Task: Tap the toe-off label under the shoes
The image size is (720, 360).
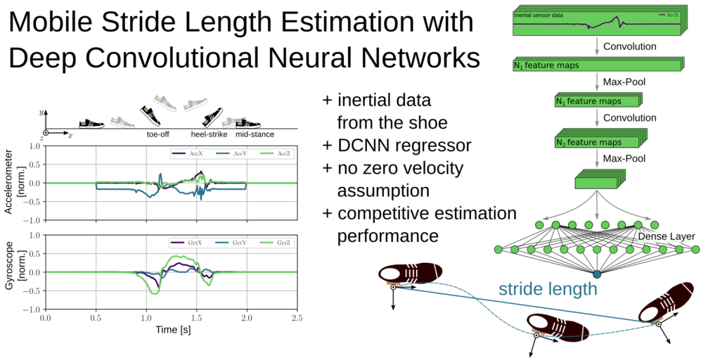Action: (x=155, y=135)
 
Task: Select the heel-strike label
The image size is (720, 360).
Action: (x=210, y=135)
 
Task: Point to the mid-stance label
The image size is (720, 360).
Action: (x=255, y=135)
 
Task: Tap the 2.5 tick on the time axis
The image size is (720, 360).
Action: (x=297, y=318)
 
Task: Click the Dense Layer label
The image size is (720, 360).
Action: (x=667, y=237)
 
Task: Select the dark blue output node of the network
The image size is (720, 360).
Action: (x=597, y=275)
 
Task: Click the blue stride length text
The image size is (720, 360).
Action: (x=548, y=289)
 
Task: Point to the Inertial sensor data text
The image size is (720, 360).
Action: (x=539, y=15)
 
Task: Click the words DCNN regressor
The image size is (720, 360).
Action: (x=404, y=146)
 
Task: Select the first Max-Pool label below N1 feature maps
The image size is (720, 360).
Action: (x=624, y=83)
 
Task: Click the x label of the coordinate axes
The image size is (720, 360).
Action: (x=70, y=136)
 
